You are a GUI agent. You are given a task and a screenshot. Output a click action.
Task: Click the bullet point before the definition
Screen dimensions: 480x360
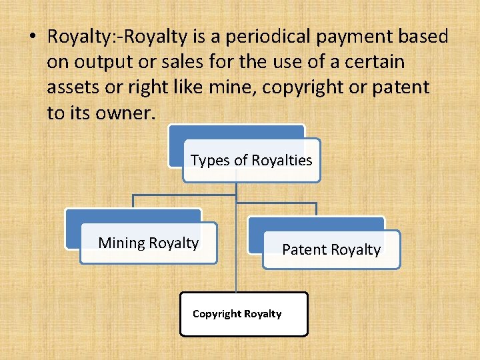point(33,37)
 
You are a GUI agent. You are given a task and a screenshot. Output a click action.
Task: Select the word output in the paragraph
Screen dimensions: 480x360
point(99,63)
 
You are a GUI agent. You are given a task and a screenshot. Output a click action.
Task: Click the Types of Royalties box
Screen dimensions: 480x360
point(251,160)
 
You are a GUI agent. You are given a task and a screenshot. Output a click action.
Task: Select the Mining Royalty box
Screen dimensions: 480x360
point(148,243)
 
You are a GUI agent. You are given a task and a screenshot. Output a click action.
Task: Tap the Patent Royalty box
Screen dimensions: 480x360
point(331,249)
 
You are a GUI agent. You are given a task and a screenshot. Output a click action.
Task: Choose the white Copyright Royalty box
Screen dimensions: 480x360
point(243,313)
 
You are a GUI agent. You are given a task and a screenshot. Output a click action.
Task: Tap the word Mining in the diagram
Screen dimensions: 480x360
point(121,243)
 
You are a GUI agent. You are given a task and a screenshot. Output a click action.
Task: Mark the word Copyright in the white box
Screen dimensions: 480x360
point(217,313)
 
